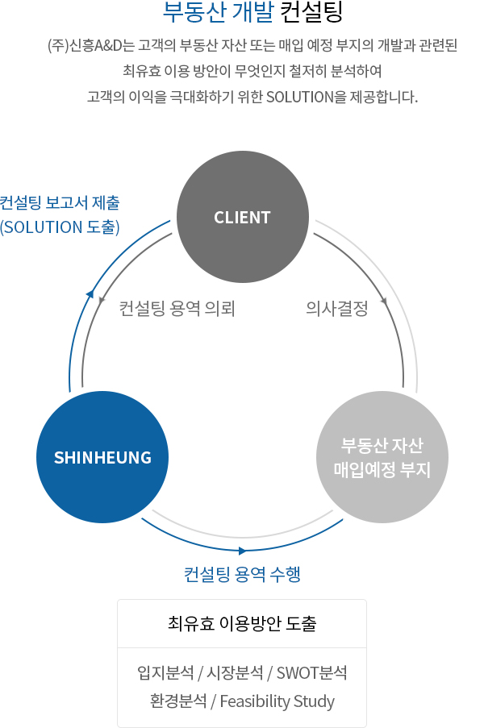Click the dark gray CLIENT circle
(242, 218)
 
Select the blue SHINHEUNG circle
(103, 457)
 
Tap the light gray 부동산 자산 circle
(382, 457)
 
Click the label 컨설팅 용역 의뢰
(177, 309)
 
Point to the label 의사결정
(337, 309)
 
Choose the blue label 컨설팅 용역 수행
(242, 574)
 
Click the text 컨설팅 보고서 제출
(60, 202)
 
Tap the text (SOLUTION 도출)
(60, 227)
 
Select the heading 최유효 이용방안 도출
(242, 623)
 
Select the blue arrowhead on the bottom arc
(242, 551)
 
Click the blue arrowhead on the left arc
(91, 292)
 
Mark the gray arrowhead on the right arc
(385, 302)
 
